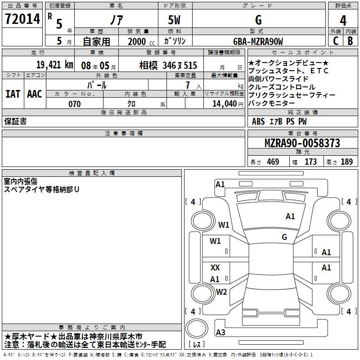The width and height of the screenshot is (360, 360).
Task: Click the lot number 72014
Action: (x=22, y=19)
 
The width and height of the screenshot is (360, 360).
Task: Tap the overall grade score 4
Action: (x=343, y=21)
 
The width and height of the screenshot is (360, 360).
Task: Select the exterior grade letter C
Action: (x=336, y=41)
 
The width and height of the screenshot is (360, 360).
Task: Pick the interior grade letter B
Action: (x=350, y=41)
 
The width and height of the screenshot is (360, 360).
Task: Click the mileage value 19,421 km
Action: (x=55, y=65)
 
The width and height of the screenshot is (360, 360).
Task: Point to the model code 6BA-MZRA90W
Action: (x=258, y=41)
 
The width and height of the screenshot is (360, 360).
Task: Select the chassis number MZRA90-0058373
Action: (x=302, y=143)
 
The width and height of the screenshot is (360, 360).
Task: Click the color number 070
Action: (x=75, y=104)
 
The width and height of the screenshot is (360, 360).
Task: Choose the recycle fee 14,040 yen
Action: (x=228, y=104)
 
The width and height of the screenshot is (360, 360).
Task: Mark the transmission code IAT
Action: (x=13, y=94)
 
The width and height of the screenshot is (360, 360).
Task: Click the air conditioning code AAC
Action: (x=35, y=94)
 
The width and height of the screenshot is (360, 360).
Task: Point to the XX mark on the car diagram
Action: (x=215, y=267)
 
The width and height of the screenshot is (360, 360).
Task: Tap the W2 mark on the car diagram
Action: (x=221, y=292)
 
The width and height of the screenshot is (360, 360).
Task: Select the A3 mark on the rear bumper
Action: (x=220, y=332)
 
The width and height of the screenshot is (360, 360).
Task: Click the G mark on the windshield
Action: (x=284, y=237)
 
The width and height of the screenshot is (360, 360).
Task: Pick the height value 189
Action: (x=346, y=162)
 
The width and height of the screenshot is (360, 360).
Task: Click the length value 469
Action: (x=273, y=162)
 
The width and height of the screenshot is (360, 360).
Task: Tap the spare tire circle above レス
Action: (x=197, y=328)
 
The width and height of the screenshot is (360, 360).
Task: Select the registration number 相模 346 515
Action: (x=168, y=65)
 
